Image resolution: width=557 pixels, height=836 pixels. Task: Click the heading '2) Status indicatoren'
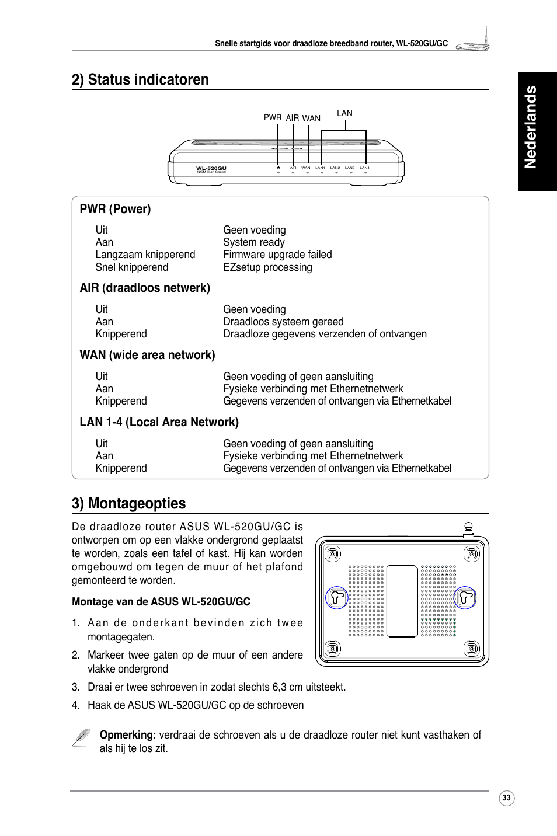140,80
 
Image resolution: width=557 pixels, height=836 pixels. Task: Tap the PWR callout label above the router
272,117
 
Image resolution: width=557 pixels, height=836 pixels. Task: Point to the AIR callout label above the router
293,118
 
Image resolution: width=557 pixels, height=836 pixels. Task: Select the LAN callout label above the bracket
344,113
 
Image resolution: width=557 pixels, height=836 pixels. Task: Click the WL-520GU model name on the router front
211,168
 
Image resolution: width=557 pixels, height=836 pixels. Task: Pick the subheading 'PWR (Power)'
115,209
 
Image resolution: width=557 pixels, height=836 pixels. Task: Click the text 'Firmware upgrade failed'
277,255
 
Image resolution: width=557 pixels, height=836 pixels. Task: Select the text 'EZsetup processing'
267,267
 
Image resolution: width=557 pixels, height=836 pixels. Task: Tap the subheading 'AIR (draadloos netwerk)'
145,288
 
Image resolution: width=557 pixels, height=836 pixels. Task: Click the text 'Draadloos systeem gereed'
283,322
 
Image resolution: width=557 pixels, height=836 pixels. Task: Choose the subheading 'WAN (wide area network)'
147,355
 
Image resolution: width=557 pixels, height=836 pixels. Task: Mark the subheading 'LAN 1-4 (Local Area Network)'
159,422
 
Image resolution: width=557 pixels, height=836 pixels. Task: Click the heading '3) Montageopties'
128,503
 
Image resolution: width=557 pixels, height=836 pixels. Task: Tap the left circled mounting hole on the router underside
336,597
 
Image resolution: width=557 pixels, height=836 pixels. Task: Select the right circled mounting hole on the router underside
465,597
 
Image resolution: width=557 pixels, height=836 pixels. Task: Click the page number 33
506,798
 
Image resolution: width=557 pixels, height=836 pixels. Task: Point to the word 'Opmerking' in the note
126,735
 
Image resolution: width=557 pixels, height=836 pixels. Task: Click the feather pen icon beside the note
82,738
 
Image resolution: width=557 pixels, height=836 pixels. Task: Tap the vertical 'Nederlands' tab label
530,127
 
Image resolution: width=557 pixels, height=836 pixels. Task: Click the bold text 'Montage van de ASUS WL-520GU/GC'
161,602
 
